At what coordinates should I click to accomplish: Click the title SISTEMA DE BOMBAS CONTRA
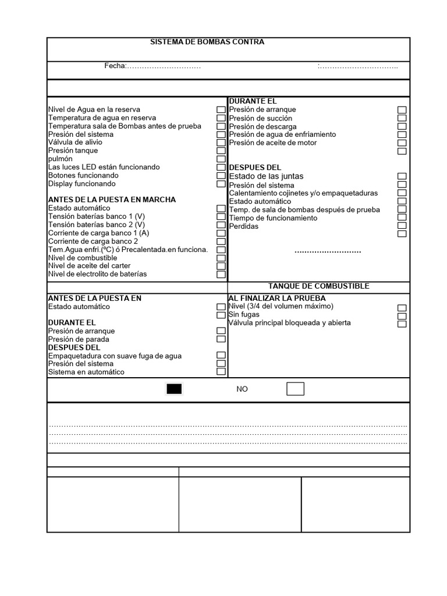(207, 42)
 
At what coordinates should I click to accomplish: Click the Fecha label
(115, 66)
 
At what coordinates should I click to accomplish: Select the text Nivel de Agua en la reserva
(94, 109)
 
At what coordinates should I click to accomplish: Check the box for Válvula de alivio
(221, 143)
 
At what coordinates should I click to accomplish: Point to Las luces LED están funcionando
(104, 167)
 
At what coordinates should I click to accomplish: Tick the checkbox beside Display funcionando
(221, 184)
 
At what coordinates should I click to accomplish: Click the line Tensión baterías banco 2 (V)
(97, 225)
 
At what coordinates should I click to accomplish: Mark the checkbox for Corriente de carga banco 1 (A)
(221, 233)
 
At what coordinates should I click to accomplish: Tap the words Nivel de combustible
(83, 258)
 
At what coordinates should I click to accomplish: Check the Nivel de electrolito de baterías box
(221, 274)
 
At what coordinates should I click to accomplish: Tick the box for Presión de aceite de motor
(402, 143)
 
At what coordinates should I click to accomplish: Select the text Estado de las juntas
(266, 176)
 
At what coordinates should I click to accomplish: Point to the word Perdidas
(243, 226)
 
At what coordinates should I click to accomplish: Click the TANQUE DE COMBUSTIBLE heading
(318, 286)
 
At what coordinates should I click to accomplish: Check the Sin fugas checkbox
(402, 315)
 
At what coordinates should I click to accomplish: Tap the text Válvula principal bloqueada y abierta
(289, 322)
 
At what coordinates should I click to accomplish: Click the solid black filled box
(174, 389)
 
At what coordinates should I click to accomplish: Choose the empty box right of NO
(295, 389)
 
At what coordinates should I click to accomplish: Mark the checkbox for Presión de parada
(221, 339)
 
